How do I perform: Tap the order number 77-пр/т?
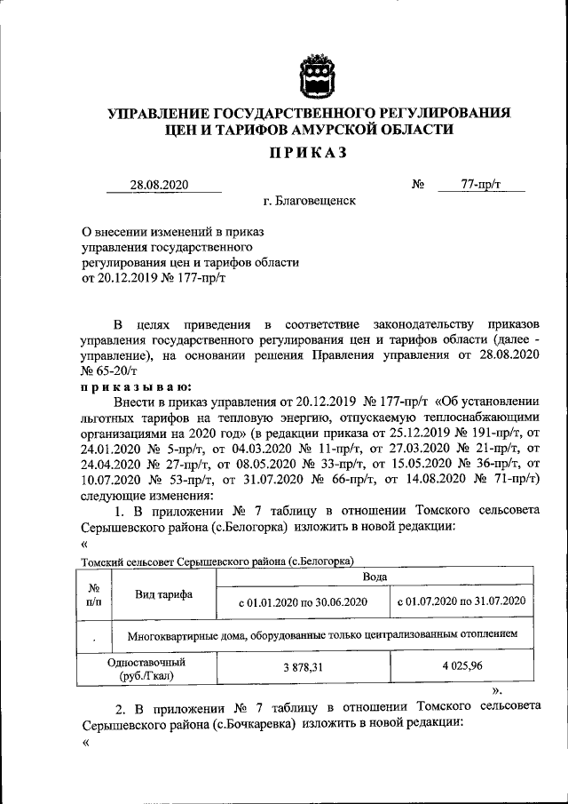click(481, 185)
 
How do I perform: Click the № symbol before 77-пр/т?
click(418, 185)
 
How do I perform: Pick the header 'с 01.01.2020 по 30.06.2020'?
click(303, 601)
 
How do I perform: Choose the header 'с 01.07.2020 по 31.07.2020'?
click(461, 601)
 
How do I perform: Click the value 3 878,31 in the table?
click(303, 668)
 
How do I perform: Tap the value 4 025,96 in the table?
click(461, 668)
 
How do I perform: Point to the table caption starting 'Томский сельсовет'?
click(217, 561)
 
